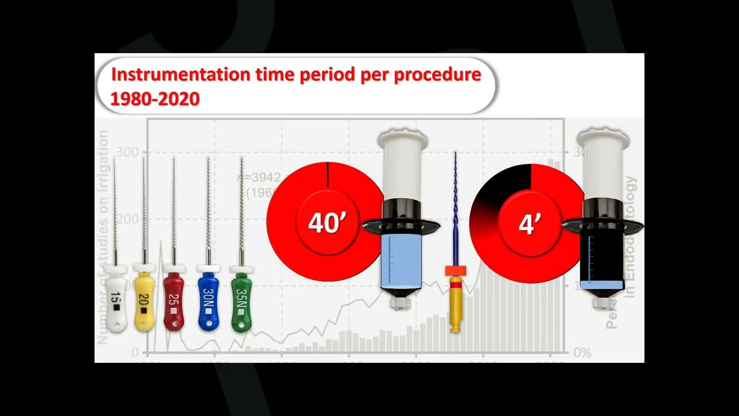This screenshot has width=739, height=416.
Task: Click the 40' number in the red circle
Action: pos(327,223)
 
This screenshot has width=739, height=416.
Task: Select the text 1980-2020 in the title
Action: pos(155,99)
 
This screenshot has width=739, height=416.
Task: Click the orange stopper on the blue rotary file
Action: pos(455,270)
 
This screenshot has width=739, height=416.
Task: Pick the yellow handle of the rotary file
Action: pos(456,306)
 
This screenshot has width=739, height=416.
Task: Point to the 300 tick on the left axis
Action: pos(128,153)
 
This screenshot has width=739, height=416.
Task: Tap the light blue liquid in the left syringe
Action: pos(402,260)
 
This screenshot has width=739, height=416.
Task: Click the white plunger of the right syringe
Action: pos(603,165)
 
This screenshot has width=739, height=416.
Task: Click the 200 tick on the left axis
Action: pos(128,219)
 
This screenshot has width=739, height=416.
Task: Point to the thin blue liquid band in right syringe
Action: pos(602,284)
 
